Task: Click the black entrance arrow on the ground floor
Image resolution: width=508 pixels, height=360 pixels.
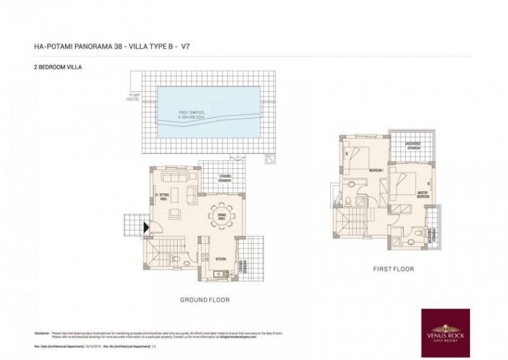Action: coord(147,225)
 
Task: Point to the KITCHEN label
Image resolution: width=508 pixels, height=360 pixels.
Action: coord(221,259)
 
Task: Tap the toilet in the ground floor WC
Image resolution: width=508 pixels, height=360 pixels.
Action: coord(174,259)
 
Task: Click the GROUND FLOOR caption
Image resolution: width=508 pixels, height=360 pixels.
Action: coord(205,299)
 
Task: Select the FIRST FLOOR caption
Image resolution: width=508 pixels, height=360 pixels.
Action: coord(393,269)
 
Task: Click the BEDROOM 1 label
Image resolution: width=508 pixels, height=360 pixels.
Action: coord(375,171)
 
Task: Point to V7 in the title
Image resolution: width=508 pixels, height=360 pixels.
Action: coord(186,46)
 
